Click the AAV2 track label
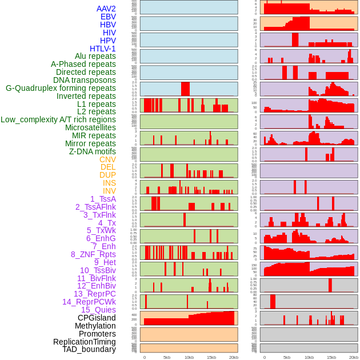[106, 9]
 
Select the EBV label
[108, 17]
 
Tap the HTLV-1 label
[103, 49]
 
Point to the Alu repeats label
[95, 56]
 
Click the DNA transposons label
[85, 80]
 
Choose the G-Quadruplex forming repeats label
[61, 88]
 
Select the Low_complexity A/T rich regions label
[58, 119]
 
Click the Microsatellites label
[90, 127]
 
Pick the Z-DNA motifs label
[93, 151]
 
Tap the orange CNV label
[107, 159]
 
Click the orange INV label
[109, 191]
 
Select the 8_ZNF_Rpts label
[93, 254]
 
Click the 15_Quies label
[98, 310]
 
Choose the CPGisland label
[97, 318]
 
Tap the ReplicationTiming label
[85, 342]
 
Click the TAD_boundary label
[89, 349]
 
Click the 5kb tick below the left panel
[167, 357]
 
